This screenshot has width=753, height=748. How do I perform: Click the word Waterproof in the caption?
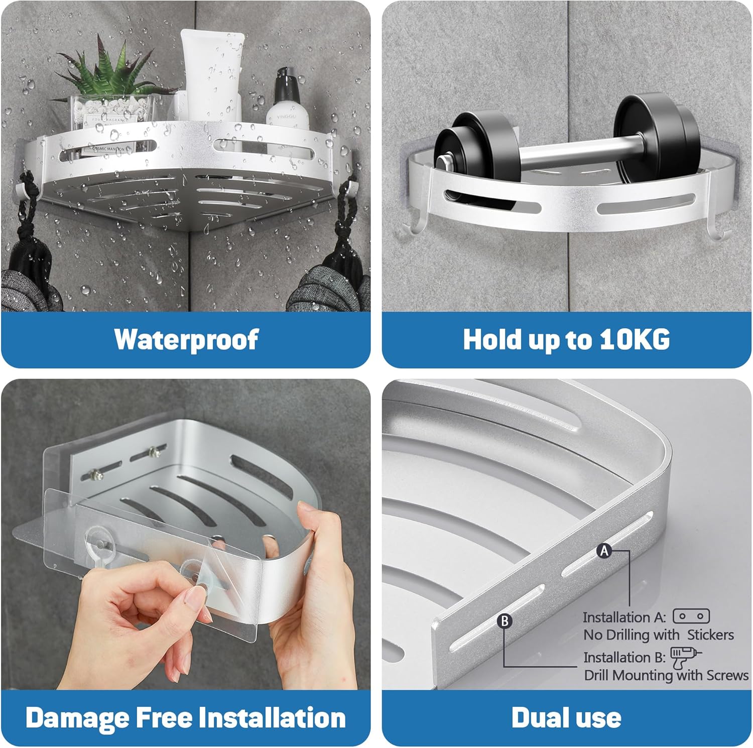[186, 339]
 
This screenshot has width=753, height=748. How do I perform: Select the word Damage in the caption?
[77, 718]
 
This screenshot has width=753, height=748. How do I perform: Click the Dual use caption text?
[566, 717]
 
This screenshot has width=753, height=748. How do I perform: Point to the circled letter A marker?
[604, 551]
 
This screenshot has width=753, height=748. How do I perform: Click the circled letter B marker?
[505, 621]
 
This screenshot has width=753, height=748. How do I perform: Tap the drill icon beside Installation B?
[686, 657]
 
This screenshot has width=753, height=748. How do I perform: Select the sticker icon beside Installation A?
[691, 616]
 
